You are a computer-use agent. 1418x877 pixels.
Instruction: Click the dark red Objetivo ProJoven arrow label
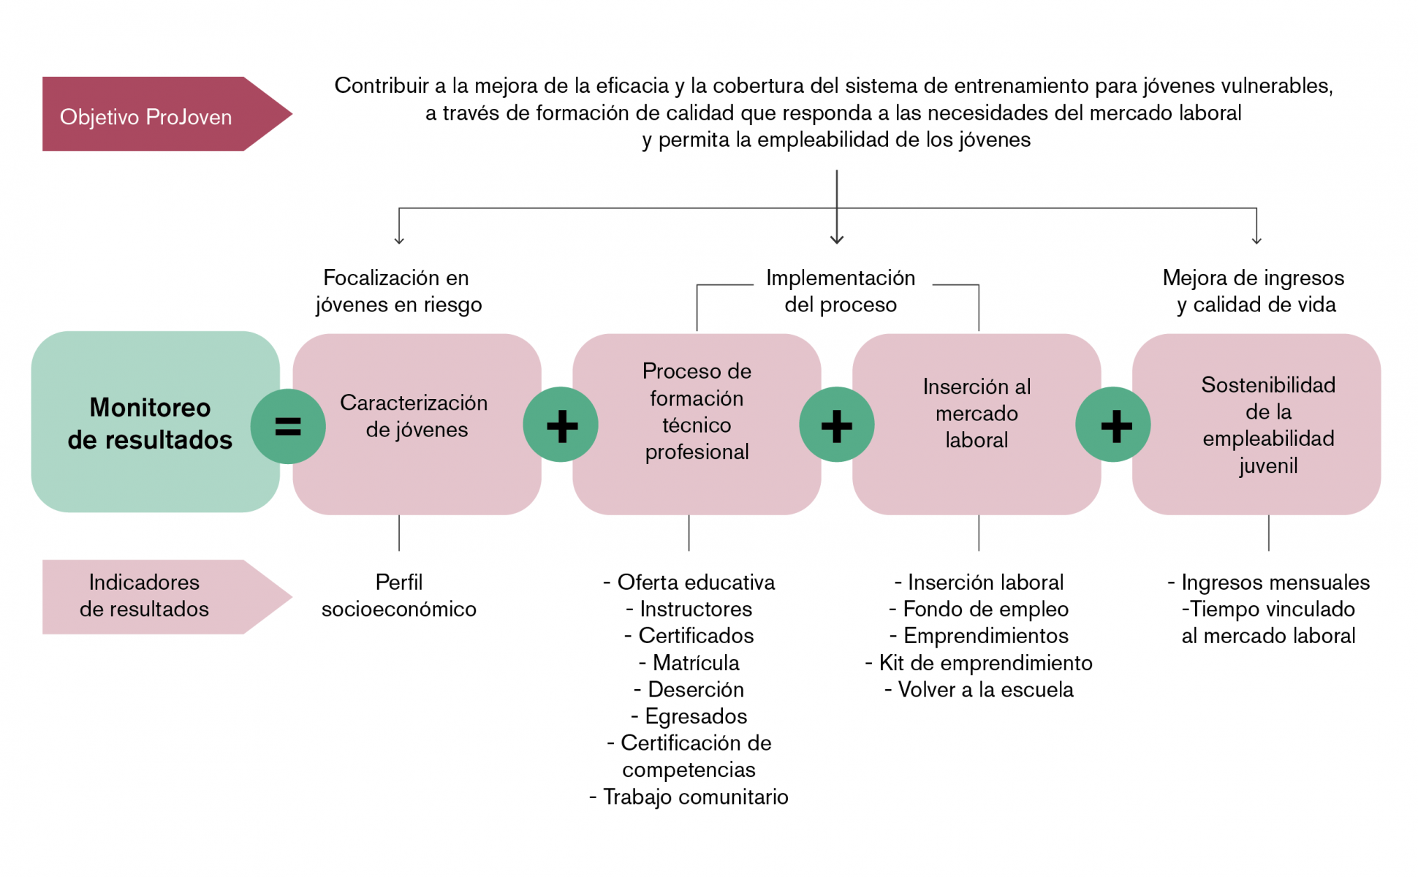tap(167, 114)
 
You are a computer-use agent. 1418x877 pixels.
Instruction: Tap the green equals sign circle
tap(288, 426)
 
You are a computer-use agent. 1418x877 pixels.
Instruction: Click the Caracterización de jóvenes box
tap(417, 424)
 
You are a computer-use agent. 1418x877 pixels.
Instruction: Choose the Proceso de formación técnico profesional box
tap(697, 424)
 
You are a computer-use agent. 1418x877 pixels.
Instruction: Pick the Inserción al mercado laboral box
tap(977, 424)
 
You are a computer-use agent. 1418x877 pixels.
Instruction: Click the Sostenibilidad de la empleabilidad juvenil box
tap(1256, 424)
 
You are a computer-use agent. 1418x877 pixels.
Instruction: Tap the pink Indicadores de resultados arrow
tap(167, 596)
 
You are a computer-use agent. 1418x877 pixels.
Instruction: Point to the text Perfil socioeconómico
tap(399, 596)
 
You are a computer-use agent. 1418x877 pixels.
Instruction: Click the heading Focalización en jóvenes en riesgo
tap(399, 291)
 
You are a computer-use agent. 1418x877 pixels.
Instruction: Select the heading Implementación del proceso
tap(841, 291)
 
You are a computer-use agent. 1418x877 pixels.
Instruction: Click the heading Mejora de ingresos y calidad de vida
tap(1254, 291)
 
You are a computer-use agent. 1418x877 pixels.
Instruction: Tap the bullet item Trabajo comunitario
tap(689, 797)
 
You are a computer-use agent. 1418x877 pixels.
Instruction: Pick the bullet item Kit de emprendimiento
tap(979, 663)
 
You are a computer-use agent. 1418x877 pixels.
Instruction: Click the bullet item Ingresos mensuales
tap(1269, 582)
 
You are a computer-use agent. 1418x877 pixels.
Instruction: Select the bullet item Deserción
tap(689, 689)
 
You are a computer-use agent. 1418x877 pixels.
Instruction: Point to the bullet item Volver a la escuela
tap(979, 689)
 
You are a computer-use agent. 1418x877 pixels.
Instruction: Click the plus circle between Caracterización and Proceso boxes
tap(561, 425)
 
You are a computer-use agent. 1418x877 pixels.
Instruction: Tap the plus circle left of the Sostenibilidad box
tap(1113, 425)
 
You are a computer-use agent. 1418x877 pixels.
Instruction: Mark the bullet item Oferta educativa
tap(689, 582)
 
